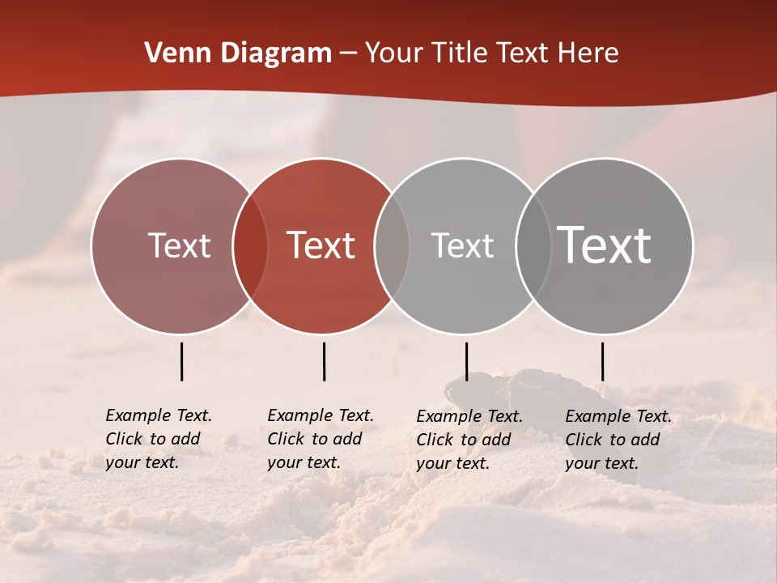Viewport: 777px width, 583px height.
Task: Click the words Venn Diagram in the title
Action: (x=238, y=53)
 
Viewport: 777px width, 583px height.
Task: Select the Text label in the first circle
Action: (x=179, y=245)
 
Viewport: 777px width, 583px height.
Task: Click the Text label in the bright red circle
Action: (x=321, y=245)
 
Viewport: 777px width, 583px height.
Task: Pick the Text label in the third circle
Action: (x=462, y=245)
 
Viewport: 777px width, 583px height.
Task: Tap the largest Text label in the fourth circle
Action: (x=605, y=245)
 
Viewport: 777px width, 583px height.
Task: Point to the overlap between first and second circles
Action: (x=250, y=246)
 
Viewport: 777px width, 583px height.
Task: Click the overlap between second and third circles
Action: (x=392, y=246)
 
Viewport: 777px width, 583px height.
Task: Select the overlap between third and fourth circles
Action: (x=533, y=246)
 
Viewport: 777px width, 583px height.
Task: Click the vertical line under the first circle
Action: (x=181, y=361)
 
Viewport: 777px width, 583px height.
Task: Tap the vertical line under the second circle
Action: (x=324, y=361)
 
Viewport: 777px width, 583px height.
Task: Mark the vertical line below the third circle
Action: (x=466, y=361)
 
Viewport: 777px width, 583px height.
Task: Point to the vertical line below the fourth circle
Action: (x=602, y=361)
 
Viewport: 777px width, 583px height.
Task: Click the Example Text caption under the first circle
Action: (x=159, y=439)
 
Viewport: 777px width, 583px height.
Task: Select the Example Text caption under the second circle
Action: (x=321, y=439)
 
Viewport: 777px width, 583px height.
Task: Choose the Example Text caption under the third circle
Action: (x=469, y=440)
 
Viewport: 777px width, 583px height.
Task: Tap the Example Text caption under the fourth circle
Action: (x=618, y=440)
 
